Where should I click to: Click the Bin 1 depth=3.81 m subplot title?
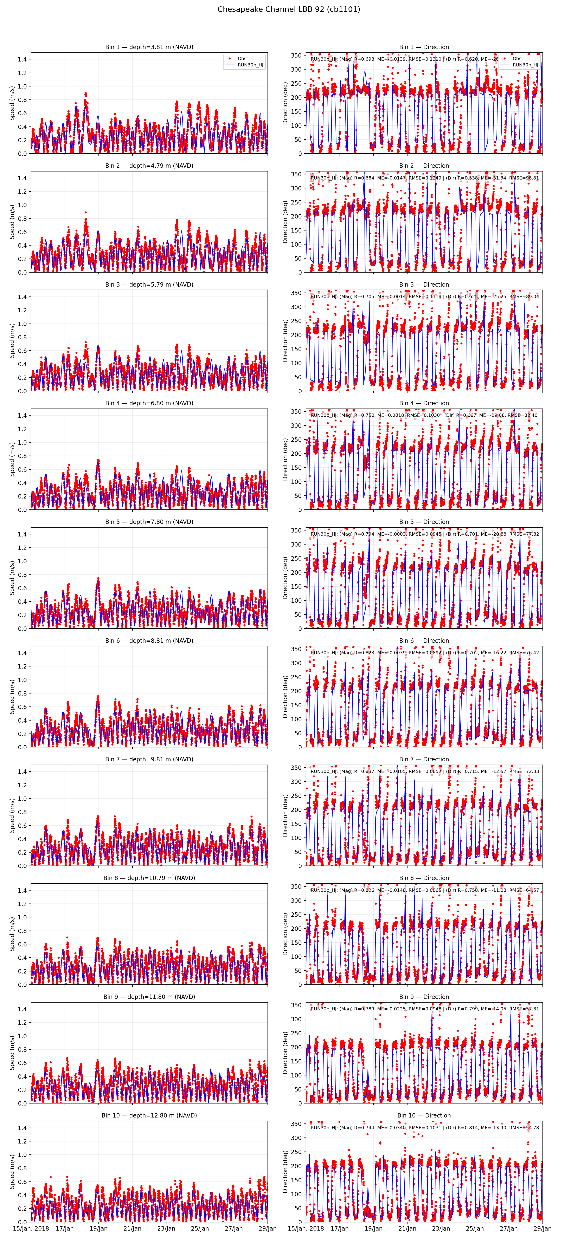[x=149, y=47]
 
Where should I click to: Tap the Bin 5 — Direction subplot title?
[x=424, y=522]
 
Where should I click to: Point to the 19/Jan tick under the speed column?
[x=99, y=1228]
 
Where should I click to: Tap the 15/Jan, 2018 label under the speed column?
[x=31, y=1228]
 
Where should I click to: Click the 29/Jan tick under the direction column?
[x=542, y=1228]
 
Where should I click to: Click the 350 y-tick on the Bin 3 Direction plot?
[x=296, y=293]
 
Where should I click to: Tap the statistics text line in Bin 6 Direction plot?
[x=425, y=653]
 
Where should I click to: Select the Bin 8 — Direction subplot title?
[x=424, y=878]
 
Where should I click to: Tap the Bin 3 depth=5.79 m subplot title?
[x=149, y=285]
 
